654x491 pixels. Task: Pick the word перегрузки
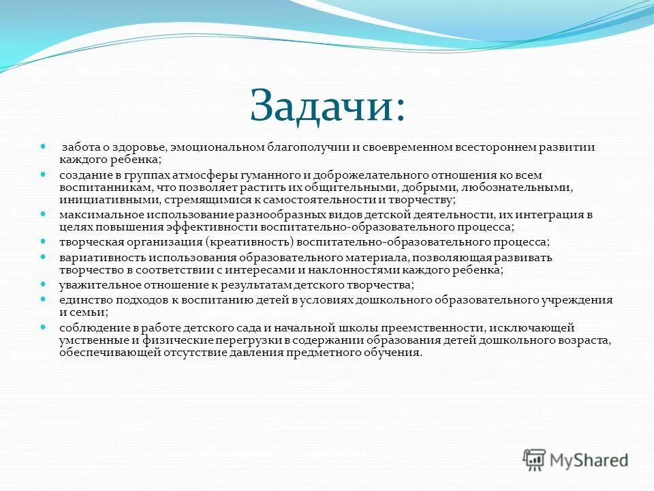pos(211,340)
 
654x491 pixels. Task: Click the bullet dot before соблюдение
pos(43,327)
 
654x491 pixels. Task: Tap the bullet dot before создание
pos(43,174)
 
